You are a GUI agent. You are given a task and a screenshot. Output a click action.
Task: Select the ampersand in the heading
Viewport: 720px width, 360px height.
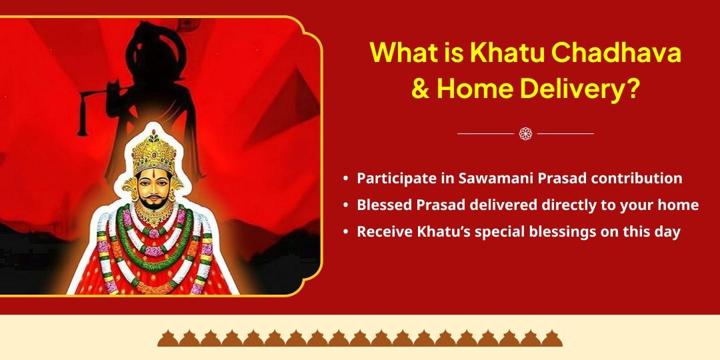[x=420, y=89]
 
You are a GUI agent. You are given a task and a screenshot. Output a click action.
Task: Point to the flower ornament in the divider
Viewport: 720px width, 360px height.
[x=525, y=134]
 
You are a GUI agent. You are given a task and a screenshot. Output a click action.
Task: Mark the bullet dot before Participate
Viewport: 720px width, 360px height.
[x=345, y=179]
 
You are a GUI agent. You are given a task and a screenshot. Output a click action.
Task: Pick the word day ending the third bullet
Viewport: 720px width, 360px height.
[x=667, y=232]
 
